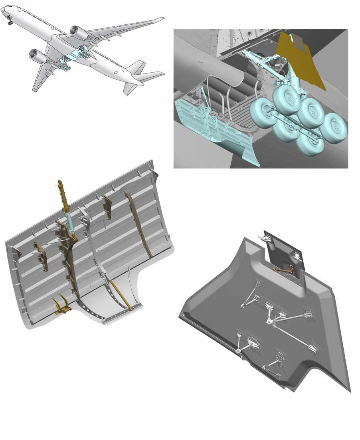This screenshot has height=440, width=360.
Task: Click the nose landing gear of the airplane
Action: [x=10, y=22]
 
